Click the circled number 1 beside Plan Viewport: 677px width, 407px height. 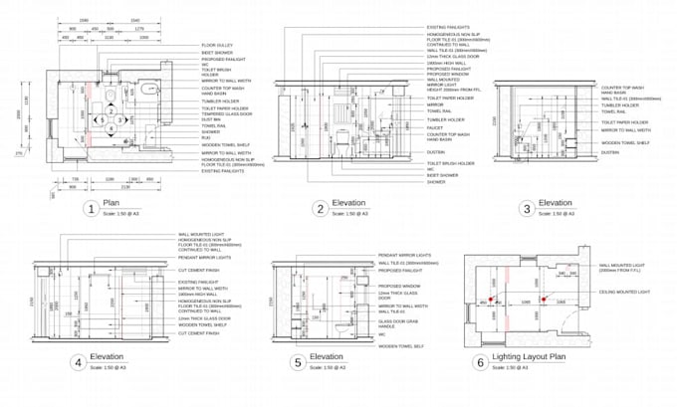[91, 208]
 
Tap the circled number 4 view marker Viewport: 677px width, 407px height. [78, 362]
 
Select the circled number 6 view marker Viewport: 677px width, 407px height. [480, 362]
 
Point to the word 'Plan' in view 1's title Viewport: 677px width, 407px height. [112, 204]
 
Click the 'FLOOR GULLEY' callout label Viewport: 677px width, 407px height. [219, 45]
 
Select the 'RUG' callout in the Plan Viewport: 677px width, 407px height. [206, 137]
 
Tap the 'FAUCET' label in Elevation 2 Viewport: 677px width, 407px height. [436, 127]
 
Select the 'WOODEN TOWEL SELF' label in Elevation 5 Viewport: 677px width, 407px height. [399, 345]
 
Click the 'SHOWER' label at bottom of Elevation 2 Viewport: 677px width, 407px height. [436, 182]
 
